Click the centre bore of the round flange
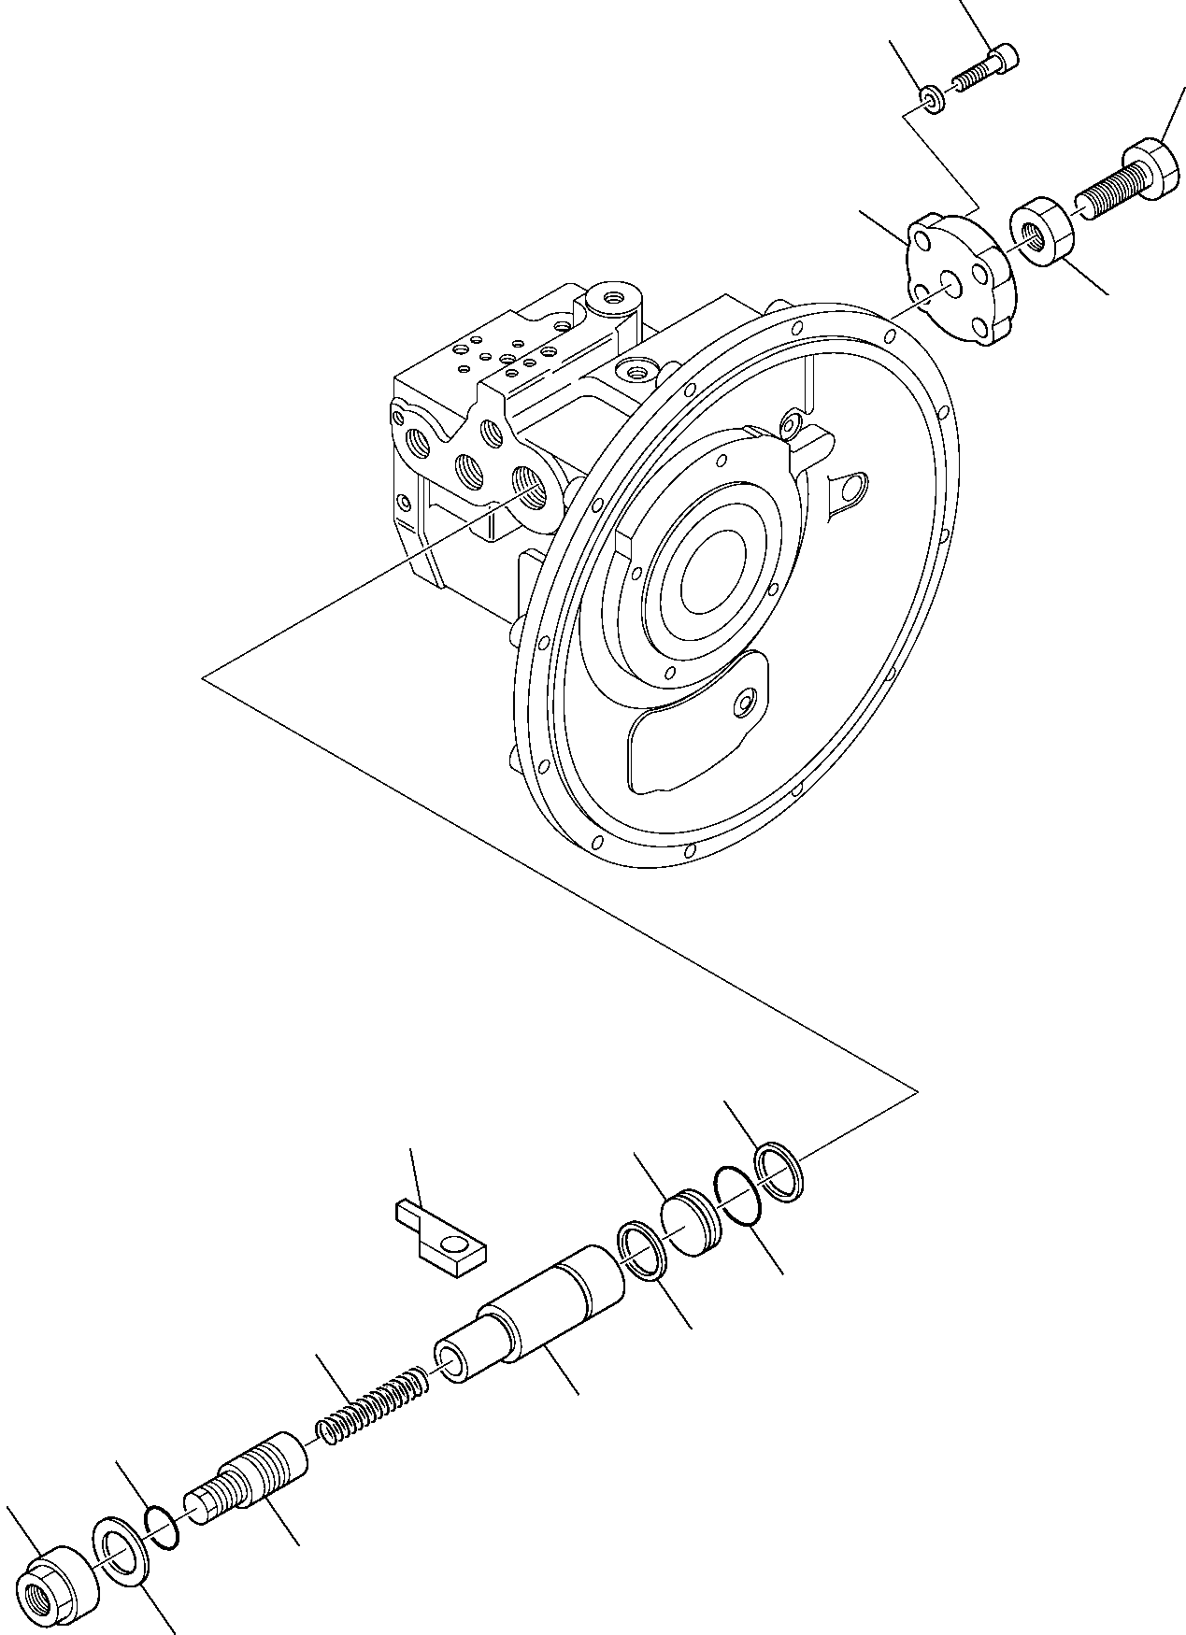point(710,579)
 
